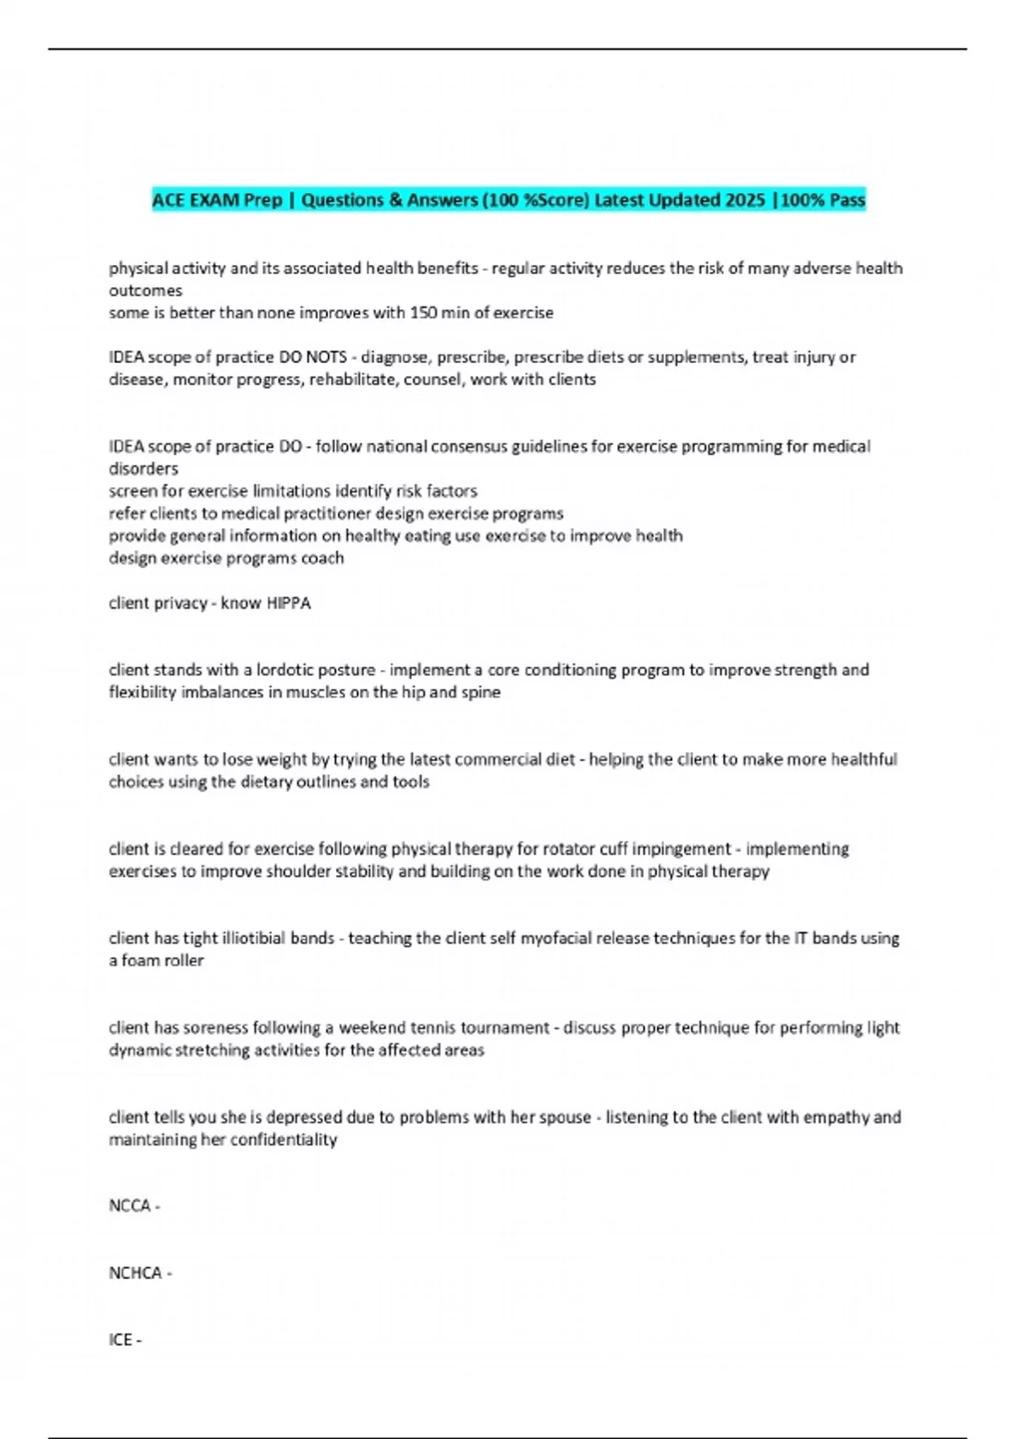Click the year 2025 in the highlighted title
745,201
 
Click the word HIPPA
289,604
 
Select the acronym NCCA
130,1205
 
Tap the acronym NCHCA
135,1273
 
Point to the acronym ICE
120,1340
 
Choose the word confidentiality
283,1140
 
